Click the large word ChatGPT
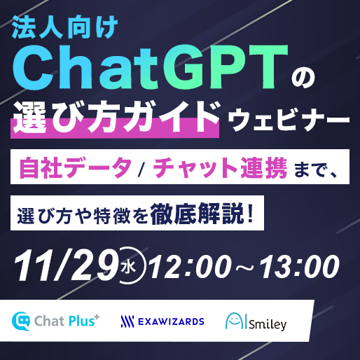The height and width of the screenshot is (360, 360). [x=151, y=67]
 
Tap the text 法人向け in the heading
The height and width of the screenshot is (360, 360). [x=64, y=28]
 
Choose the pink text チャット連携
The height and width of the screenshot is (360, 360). [x=220, y=167]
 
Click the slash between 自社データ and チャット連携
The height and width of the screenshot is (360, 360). [x=141, y=167]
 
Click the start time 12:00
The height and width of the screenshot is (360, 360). [x=189, y=266]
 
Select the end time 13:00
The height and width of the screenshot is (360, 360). [x=300, y=266]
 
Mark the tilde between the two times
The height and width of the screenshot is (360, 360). [x=244, y=267]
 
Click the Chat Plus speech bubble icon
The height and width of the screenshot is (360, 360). [x=21, y=321]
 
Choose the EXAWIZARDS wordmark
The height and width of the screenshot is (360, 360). [x=171, y=321]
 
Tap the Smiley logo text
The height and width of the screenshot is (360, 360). [x=268, y=324]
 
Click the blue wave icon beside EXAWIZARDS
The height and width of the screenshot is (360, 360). [x=127, y=321]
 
